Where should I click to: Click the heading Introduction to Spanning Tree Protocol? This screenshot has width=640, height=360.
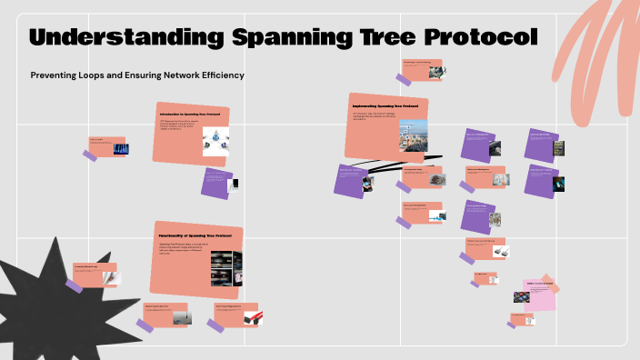pos(190,115)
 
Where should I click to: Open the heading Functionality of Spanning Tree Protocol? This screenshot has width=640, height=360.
pos(195,236)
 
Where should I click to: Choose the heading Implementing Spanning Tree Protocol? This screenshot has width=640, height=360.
pos(385,105)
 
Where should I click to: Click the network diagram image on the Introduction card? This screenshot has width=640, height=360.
pos(215,138)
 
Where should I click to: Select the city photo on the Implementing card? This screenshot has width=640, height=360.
pos(413,135)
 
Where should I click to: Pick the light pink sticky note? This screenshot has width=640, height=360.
pos(538,295)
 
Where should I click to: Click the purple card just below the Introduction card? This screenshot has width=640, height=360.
pos(217,183)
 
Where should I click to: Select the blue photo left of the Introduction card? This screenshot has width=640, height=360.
pos(120,148)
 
